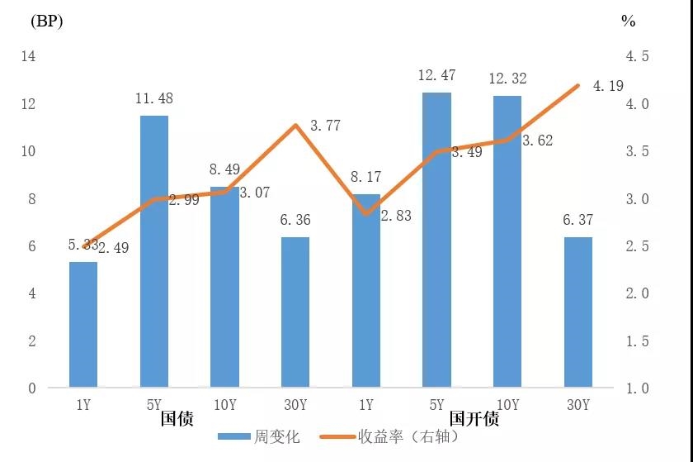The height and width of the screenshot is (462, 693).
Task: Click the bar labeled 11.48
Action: pyautogui.click(x=153, y=251)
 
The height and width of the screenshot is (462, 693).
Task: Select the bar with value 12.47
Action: pyautogui.click(x=436, y=240)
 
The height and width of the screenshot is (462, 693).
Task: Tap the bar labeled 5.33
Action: pyautogui.click(x=83, y=325)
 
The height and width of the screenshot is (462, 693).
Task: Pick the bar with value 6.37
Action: pyautogui.click(x=577, y=312)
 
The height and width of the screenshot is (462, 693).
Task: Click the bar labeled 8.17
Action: pyautogui.click(x=365, y=291)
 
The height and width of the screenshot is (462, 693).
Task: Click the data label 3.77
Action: pyautogui.click(x=325, y=126)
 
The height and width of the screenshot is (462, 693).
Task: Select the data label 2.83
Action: pyautogui.click(x=395, y=216)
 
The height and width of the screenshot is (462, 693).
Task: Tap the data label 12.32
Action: pyautogui.click(x=507, y=79)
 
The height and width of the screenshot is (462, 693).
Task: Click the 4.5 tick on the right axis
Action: pyautogui.click(x=639, y=56)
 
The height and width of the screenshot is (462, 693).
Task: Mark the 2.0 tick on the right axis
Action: pyautogui.click(x=639, y=293)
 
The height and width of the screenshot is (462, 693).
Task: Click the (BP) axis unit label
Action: pyautogui.click(x=46, y=21)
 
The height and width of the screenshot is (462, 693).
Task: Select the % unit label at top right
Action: pyautogui.click(x=628, y=21)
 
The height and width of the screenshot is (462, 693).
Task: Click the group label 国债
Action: pyautogui.click(x=177, y=419)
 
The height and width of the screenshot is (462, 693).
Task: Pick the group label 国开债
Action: pyautogui.click(x=474, y=419)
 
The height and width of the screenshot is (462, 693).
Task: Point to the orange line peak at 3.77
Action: pyautogui.click(x=295, y=126)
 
